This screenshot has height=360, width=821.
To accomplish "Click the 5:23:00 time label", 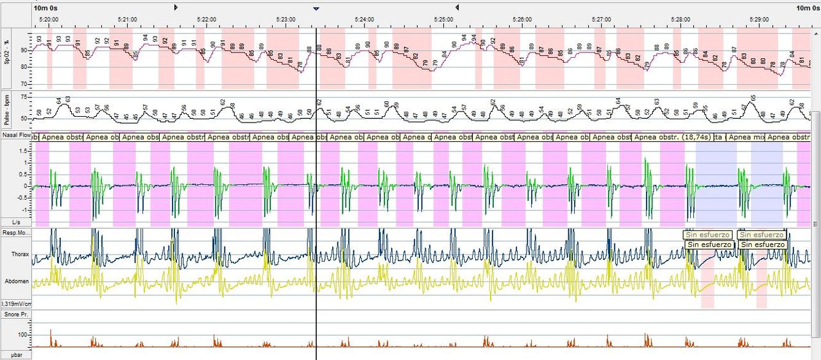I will point(284,19).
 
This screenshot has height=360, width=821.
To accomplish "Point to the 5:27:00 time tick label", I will point(601,19).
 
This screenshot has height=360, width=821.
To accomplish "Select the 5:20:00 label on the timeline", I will point(49,19).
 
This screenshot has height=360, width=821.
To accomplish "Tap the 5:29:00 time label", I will point(759,19).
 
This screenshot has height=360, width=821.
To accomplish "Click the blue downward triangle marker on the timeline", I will point(316,8).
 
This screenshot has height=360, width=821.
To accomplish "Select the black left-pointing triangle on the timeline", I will point(457,7).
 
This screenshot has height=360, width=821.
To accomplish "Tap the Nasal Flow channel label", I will point(16,136).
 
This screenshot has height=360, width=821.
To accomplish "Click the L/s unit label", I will point(16,222).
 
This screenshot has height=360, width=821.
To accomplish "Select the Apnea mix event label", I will point(746,137).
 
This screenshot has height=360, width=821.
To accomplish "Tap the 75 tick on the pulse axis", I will point(25,97).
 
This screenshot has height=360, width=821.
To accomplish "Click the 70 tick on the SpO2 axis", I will point(25,84).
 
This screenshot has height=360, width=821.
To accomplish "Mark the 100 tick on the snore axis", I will point(23,335).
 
